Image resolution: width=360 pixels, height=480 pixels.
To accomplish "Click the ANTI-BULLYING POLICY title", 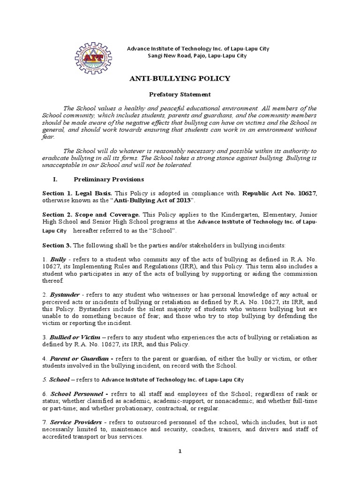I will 180,78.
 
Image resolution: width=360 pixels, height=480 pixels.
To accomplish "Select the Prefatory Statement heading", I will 180,94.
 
